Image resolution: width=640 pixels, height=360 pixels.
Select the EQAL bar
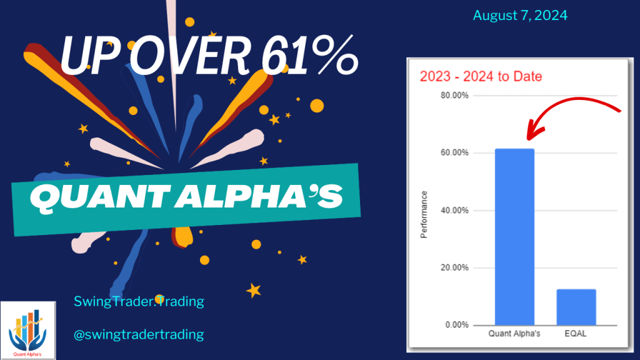pyautogui.click(x=576, y=307)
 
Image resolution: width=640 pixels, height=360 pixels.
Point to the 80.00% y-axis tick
pyautogui.click(x=456, y=96)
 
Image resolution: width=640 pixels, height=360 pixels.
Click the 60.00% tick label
pyautogui.click(x=456, y=153)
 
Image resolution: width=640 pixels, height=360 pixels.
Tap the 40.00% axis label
pyautogui.click(x=456, y=211)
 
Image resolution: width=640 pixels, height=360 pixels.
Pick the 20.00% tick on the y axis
pyautogui.click(x=456, y=268)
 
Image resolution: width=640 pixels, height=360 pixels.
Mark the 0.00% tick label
pyautogui.click(x=457, y=325)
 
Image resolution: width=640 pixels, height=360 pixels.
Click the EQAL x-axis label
pyautogui.click(x=576, y=334)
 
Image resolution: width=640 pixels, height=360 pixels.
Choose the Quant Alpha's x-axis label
pyautogui.click(x=514, y=334)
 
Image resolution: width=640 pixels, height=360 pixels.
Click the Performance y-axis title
pyautogui.click(x=424, y=214)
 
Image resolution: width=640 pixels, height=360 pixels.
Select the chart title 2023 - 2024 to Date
pyautogui.click(x=481, y=77)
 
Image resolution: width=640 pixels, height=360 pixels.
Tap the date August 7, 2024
pyautogui.click(x=520, y=16)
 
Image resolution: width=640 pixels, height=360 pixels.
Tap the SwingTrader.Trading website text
pyautogui.click(x=139, y=301)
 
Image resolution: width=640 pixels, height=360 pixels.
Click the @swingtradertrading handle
pyautogui.click(x=139, y=334)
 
